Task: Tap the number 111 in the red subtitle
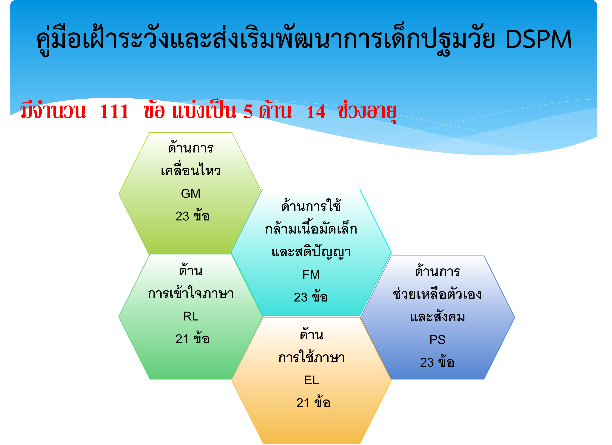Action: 114,111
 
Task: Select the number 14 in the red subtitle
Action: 316,111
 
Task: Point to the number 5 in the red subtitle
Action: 248,111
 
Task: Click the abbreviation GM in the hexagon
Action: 191,194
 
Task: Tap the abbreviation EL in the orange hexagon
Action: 312,380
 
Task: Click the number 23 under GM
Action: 182,216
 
